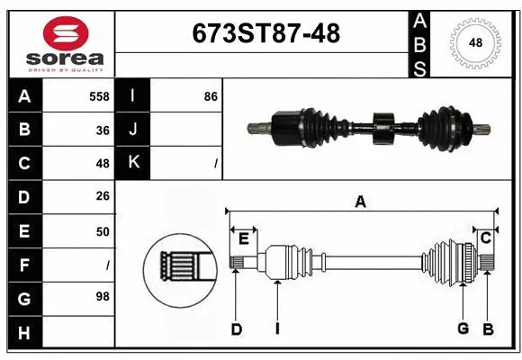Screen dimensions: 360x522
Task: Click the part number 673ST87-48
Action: (266, 33)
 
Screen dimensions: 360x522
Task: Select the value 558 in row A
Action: (98, 95)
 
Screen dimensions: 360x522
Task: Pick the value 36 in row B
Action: (102, 130)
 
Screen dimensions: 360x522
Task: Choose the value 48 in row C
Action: (102, 164)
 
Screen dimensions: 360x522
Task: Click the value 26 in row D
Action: (102, 197)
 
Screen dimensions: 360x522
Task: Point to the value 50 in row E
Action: (102, 231)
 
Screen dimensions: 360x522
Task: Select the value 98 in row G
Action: (102, 296)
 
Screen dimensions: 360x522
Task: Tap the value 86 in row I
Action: (211, 95)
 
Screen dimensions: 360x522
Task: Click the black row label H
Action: (23, 332)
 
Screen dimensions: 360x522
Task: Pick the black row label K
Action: (133, 163)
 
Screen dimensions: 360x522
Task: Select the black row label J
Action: (133, 130)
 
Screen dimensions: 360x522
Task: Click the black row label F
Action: (23, 265)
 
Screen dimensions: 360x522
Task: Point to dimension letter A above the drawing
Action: (360, 202)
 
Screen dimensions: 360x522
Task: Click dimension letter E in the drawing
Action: (243, 238)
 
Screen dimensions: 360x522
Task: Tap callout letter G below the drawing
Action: (463, 329)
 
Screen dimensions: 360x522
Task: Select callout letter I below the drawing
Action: (277, 329)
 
